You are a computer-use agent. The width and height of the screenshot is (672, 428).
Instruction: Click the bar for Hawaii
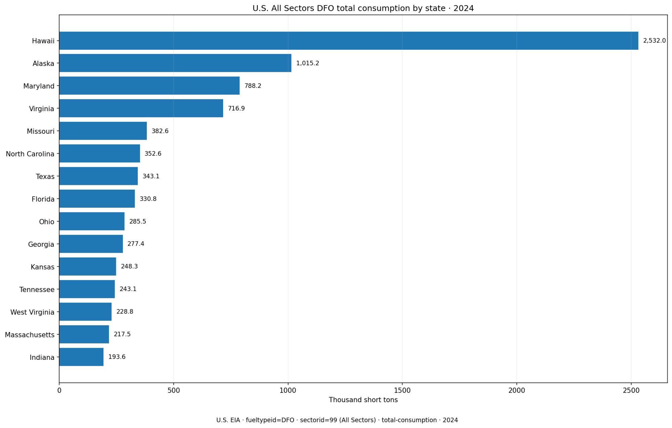[x=349, y=41]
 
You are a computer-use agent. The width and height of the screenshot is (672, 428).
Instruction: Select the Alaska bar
[x=175, y=63]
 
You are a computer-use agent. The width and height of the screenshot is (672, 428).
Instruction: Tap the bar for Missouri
[x=103, y=131]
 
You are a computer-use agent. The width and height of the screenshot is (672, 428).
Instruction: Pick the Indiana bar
[x=81, y=357]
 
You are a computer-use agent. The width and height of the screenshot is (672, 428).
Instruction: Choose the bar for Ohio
[x=92, y=221]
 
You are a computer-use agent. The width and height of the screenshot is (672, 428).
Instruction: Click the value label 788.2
[x=253, y=86]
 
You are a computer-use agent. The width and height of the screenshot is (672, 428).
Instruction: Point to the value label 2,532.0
[x=654, y=41]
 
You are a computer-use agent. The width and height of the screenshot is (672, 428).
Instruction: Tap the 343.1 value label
[x=151, y=176]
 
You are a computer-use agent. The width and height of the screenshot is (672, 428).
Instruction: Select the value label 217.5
[x=122, y=334]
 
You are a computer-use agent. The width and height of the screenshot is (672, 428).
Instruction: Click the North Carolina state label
[x=30, y=154]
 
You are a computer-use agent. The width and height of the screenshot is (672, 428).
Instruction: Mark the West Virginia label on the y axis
[x=32, y=312]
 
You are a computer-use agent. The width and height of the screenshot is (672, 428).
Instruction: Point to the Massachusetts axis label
[x=30, y=335]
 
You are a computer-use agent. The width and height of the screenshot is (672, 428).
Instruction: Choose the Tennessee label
[x=37, y=289]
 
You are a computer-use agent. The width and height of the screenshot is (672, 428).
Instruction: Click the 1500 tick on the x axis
[x=402, y=390]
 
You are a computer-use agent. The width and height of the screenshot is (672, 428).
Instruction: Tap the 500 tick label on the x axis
[x=174, y=390]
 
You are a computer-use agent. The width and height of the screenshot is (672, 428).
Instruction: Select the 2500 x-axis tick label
[x=631, y=390]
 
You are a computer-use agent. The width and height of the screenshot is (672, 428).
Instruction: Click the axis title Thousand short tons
[x=363, y=400]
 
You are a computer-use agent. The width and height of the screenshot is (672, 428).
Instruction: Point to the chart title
[x=363, y=8]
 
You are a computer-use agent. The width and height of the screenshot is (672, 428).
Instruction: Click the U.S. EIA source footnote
[x=337, y=420]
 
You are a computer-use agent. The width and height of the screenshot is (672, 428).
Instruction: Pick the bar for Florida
[x=97, y=199]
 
